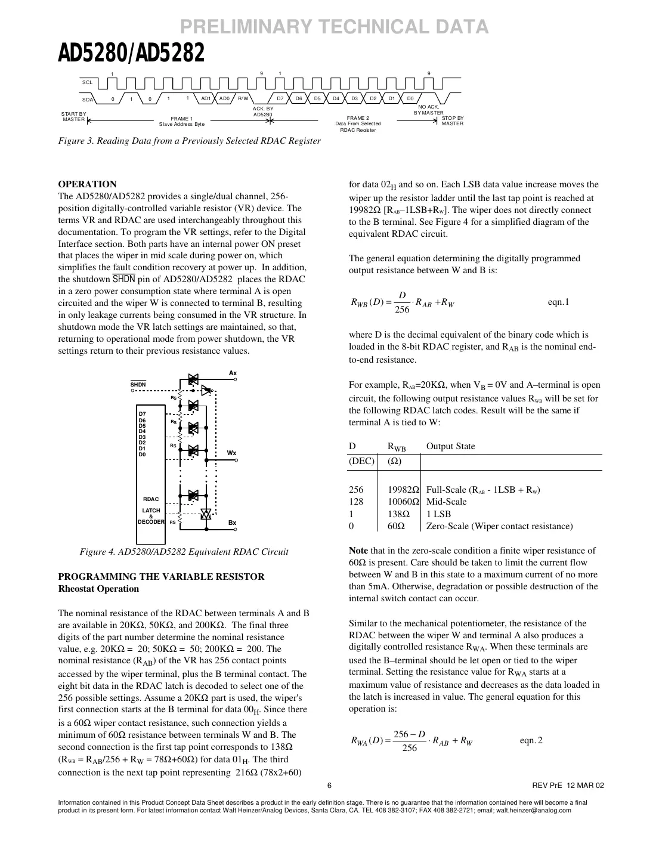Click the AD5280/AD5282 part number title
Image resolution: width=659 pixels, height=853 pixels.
click(131, 54)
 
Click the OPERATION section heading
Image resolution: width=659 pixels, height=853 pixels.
click(87, 184)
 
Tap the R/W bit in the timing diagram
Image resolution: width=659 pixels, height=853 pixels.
click(243, 98)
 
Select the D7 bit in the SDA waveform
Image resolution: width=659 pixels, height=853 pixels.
click(280, 98)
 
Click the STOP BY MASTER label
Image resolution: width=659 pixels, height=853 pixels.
click(452, 120)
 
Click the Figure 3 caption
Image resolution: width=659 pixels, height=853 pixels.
click(189, 141)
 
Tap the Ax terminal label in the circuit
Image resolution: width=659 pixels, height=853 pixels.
click(233, 373)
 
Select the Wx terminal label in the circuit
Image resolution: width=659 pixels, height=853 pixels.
click(232, 453)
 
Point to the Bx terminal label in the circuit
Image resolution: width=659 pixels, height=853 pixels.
click(232, 523)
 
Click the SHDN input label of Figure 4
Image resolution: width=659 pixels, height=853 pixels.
click(138, 385)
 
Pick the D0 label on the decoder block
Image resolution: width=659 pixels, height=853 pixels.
click(142, 455)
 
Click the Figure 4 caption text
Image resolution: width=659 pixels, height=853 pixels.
click(184, 552)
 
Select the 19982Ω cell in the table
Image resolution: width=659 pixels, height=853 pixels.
click(404, 490)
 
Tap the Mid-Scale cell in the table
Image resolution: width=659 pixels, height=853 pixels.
click(446, 502)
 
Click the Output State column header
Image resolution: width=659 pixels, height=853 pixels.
click(450, 446)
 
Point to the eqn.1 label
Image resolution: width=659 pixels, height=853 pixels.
click(558, 302)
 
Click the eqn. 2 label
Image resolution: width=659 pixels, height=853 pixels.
click(531, 740)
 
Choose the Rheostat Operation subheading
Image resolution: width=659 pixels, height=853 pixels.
click(98, 589)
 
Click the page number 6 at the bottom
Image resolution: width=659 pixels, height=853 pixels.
click(329, 786)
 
